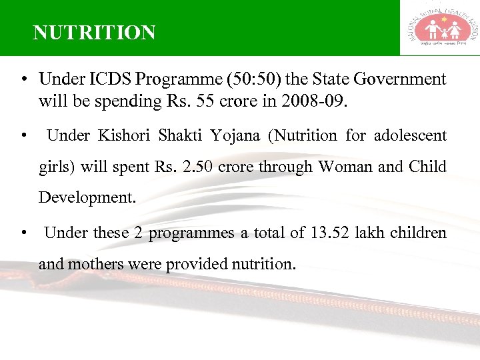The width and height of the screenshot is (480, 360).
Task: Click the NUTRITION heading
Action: coord(94,33)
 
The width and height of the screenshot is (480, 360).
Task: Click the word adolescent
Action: coord(410,136)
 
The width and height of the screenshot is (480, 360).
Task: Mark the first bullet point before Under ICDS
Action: coord(23,80)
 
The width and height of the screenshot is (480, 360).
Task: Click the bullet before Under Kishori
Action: coord(23,137)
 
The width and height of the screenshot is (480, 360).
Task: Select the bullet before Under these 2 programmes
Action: coord(23,233)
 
